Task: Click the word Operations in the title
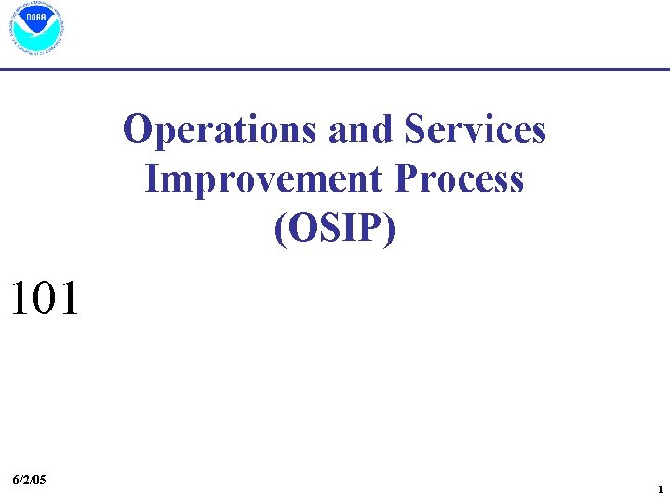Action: pyautogui.click(x=220, y=131)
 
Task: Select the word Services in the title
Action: pyautogui.click(x=475, y=131)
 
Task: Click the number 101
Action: pyautogui.click(x=44, y=299)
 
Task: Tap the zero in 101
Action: pyautogui.click(x=44, y=299)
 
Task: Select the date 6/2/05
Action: pyautogui.click(x=31, y=480)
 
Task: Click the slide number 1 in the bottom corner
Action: pyautogui.click(x=659, y=489)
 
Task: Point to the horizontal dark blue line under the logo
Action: pyautogui.click(x=335, y=70)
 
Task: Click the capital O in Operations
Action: pyautogui.click(x=137, y=131)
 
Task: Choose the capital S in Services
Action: pyautogui.click(x=416, y=131)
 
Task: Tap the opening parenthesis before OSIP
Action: pyautogui.click(x=280, y=228)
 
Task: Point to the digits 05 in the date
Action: pyautogui.click(x=39, y=480)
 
